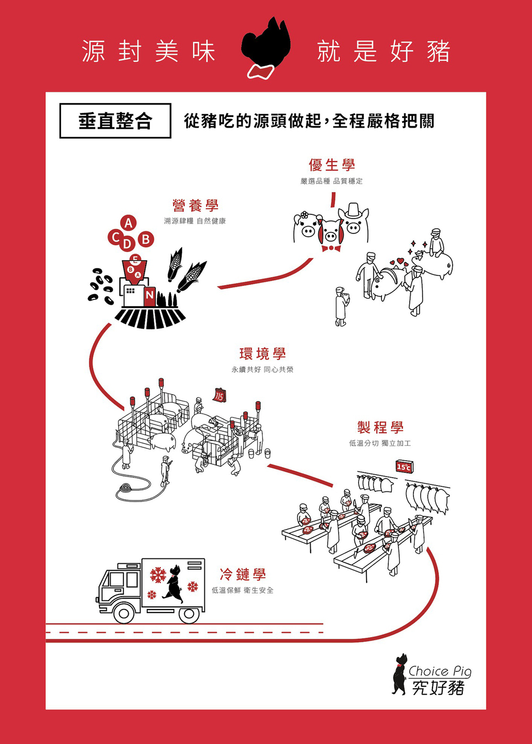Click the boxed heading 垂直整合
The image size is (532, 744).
pyautogui.click(x=115, y=121)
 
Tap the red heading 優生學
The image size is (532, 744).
pyautogui.click(x=331, y=165)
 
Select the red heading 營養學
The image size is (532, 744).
pyautogui.click(x=195, y=205)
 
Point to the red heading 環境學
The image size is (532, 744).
pyautogui.click(x=262, y=354)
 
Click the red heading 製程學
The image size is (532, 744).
pyautogui.click(x=380, y=427)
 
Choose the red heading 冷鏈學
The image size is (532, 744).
pyautogui.click(x=243, y=574)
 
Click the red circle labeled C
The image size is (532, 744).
pyautogui.click(x=115, y=237)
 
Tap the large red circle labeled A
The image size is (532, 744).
pyautogui.click(x=128, y=223)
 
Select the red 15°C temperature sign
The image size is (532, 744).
pyautogui.click(x=404, y=467)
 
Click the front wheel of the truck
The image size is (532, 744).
pyautogui.click(x=124, y=614)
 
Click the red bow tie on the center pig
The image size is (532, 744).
pyautogui.click(x=331, y=248)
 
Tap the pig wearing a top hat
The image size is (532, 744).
pyautogui.click(x=354, y=221)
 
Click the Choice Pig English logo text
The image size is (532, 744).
pyautogui.click(x=439, y=671)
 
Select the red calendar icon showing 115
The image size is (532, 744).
pyautogui.click(x=219, y=395)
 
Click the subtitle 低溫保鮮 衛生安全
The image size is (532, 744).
pyautogui.click(x=243, y=590)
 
